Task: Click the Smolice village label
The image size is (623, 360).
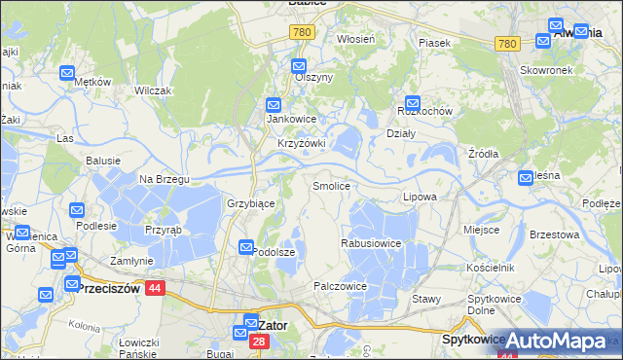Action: point(330,185)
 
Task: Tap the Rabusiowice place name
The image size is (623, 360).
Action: point(370,242)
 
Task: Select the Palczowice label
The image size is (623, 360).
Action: point(340,286)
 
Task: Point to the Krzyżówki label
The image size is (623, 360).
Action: point(301,143)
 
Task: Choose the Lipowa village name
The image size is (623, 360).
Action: point(420,197)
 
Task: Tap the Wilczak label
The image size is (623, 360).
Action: point(154,90)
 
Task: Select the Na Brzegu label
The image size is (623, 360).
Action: point(164,179)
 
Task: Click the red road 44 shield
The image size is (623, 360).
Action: point(154,288)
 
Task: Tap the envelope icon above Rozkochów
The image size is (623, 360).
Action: point(413,100)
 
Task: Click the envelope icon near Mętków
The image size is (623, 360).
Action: point(68,72)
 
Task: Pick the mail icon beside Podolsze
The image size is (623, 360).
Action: point(247,248)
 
